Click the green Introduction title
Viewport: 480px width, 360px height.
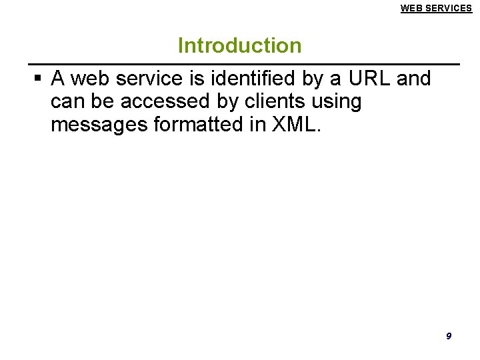239,45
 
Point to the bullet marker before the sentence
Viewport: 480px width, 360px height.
37,79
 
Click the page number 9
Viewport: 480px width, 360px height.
448,336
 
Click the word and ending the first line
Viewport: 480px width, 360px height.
414,79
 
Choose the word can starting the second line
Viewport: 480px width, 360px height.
66,102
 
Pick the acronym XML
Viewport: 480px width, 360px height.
295,125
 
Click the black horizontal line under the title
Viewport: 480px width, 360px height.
240,64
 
